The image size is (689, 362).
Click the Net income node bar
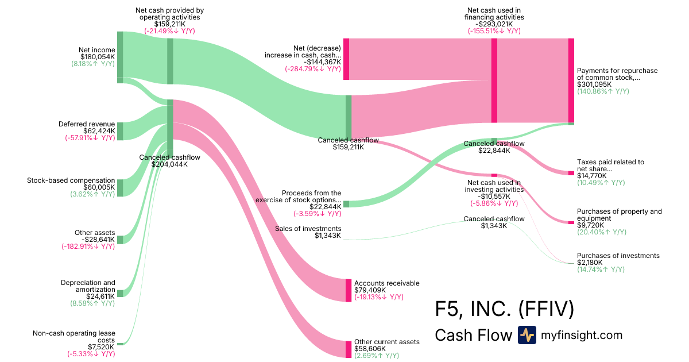(x=120, y=57)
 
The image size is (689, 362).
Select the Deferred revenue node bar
(x=120, y=130)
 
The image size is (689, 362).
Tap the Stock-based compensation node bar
(x=120, y=187)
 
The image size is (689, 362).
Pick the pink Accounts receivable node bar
(x=348, y=290)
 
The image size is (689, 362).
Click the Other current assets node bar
(x=348, y=349)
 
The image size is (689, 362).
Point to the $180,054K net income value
(x=96, y=57)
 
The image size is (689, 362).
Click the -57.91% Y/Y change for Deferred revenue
(x=90, y=138)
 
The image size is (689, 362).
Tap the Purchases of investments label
(x=618, y=256)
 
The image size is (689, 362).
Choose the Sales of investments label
(x=308, y=229)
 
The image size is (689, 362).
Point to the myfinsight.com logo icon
(x=527, y=335)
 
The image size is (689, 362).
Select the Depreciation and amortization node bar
(x=120, y=293)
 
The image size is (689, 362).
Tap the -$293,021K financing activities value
(x=494, y=24)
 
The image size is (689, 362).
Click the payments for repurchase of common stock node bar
(x=571, y=80)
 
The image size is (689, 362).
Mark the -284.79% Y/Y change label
(x=313, y=69)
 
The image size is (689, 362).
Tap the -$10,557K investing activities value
(x=494, y=196)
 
